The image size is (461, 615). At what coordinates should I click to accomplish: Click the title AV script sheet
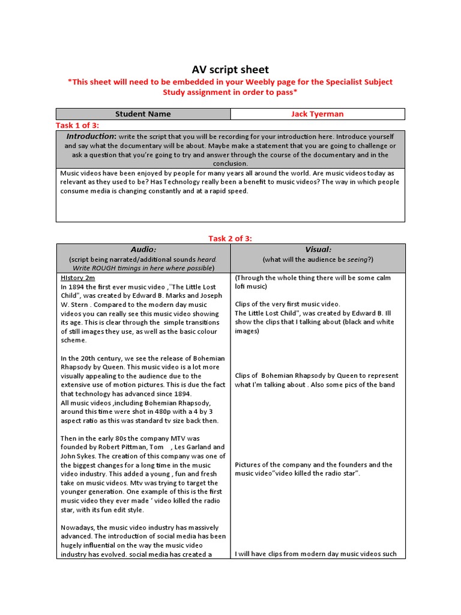click(230, 70)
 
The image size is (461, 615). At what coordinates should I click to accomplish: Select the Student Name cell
click(143, 114)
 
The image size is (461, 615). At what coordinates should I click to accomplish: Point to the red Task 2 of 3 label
click(230, 238)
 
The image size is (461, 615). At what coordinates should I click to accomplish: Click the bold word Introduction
click(91, 136)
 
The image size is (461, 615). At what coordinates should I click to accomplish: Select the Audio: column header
click(143, 249)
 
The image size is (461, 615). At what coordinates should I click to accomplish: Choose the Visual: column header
click(318, 249)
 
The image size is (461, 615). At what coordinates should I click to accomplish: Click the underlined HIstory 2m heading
click(78, 277)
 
